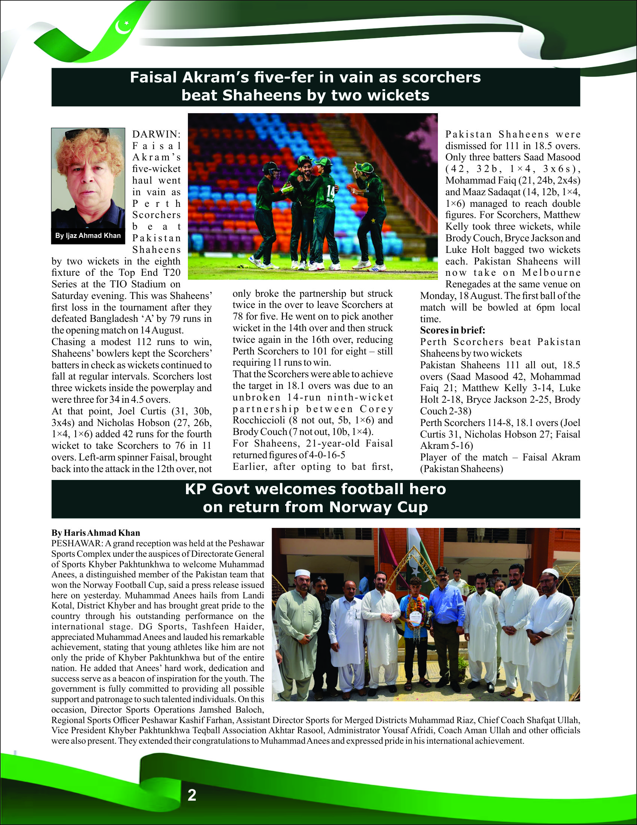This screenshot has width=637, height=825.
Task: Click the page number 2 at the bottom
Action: (192, 795)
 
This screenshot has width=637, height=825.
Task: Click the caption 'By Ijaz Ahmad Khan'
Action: (88, 236)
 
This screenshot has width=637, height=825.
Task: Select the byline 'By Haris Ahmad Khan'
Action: (96, 533)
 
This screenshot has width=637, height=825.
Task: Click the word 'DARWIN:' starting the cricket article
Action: (156, 135)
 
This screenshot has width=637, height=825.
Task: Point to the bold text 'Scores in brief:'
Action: (452, 330)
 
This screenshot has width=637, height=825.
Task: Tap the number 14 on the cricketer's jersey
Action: (330, 190)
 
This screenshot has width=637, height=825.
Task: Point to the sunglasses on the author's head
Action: (87, 133)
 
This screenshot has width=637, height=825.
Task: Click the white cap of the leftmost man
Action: (302, 573)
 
